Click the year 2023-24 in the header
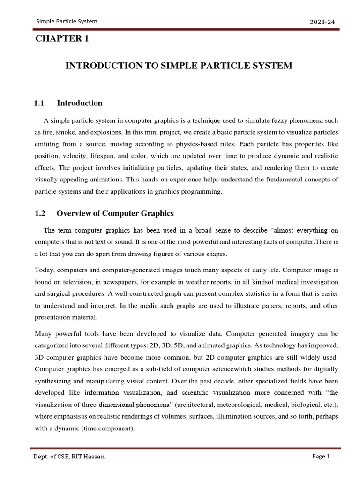[x=322, y=22]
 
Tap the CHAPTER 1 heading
[x=62, y=39]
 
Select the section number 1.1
[x=39, y=103]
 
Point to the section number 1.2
[x=40, y=213]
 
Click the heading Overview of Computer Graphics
[x=115, y=213]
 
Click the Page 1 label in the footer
[x=321, y=457]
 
